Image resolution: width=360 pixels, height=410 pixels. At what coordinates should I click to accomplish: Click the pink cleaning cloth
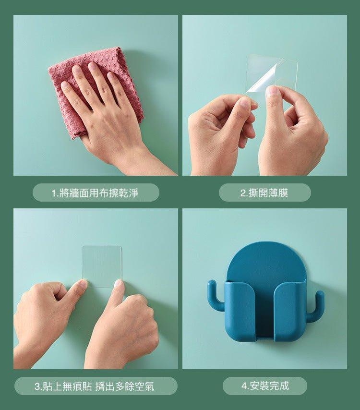tap(78, 78)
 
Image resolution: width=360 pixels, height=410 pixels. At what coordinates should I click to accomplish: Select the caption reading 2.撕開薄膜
tap(264, 193)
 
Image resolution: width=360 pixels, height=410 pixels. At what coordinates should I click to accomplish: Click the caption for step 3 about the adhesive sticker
tap(95, 386)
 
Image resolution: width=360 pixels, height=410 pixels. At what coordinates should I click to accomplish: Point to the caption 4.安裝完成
tap(265, 386)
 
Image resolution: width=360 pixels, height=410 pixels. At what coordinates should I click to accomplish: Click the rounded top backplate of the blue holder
tap(266, 262)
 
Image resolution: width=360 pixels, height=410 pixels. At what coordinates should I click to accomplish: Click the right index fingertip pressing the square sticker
tap(118, 283)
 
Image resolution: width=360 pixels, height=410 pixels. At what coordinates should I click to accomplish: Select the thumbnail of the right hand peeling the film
tap(272, 92)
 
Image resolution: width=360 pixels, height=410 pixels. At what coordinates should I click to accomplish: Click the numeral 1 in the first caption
tap(54, 193)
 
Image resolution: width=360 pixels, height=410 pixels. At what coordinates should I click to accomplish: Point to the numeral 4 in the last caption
tap(244, 386)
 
